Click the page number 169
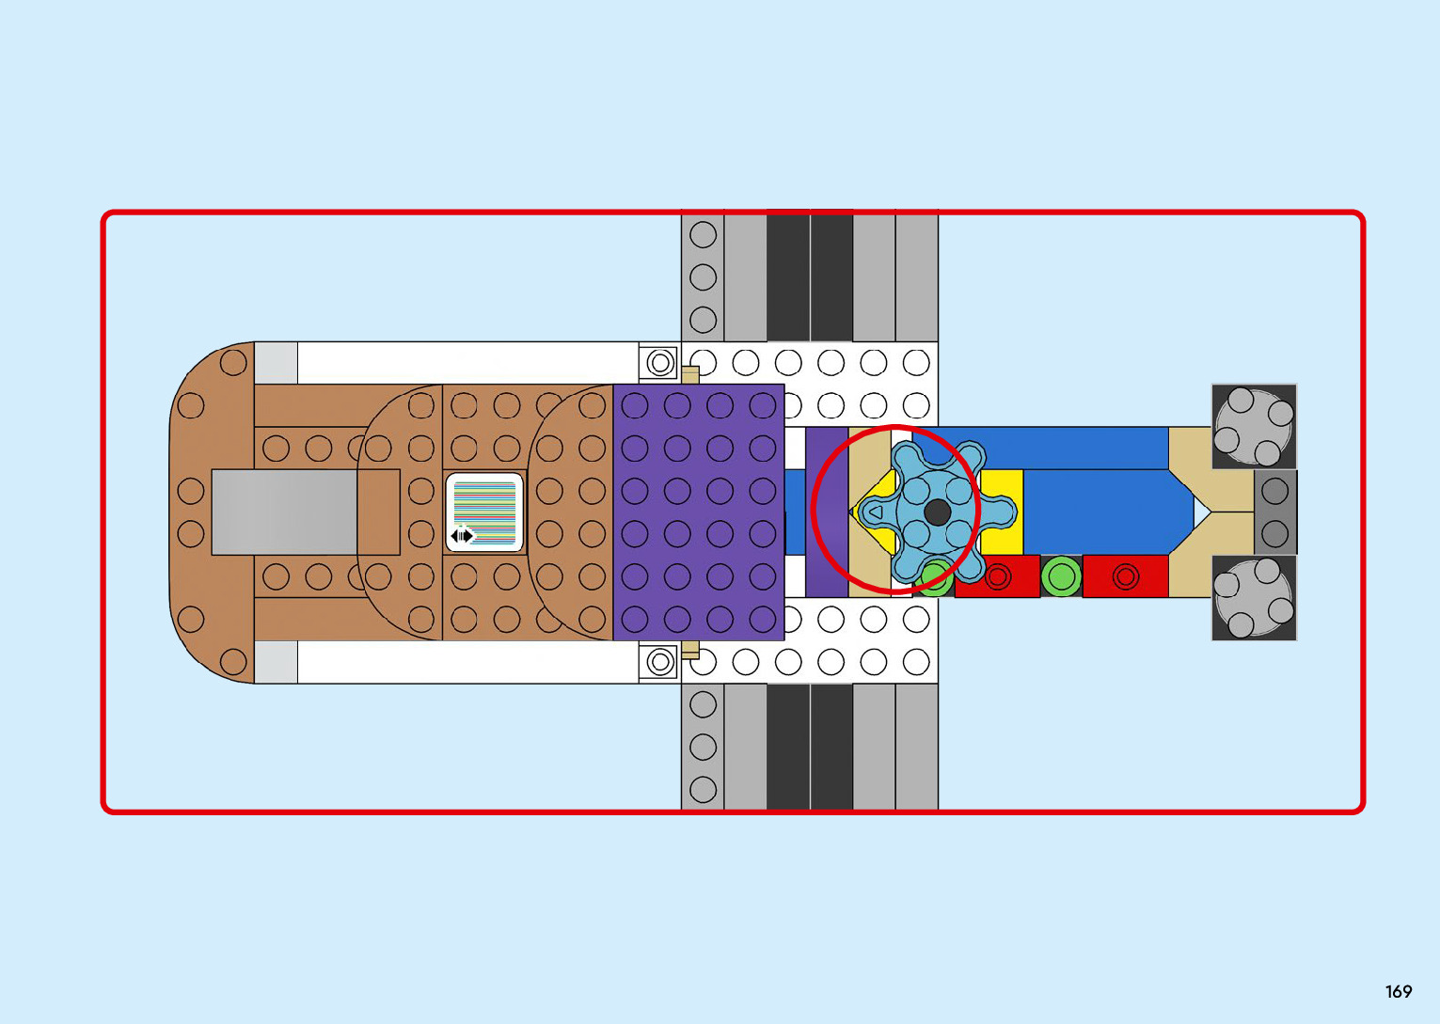(x=1399, y=991)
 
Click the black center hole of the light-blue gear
(x=937, y=512)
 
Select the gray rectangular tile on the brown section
(x=284, y=512)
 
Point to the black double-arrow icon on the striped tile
(x=462, y=536)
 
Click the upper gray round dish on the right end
(x=1254, y=427)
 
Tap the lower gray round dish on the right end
(x=1254, y=598)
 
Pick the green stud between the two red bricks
(x=1061, y=576)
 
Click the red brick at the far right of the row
(x=1125, y=576)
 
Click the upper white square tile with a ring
(x=660, y=362)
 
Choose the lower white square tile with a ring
(x=660, y=662)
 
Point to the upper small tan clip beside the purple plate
(x=690, y=375)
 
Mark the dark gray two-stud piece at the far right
(x=1275, y=512)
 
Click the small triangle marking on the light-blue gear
(x=875, y=513)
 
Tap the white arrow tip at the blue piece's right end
(x=1201, y=512)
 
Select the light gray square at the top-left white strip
(x=276, y=363)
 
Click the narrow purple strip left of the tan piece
(x=827, y=512)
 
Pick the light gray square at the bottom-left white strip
(x=276, y=662)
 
